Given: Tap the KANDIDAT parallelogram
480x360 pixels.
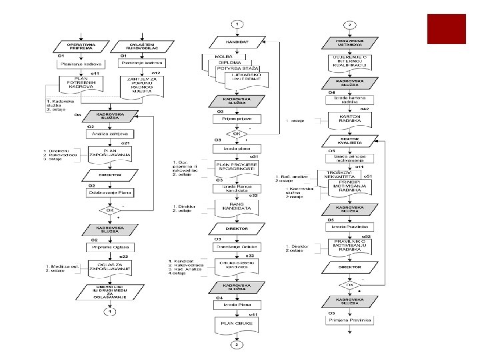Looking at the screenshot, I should click(x=237, y=41).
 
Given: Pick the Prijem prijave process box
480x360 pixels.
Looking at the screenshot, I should click(x=237, y=119).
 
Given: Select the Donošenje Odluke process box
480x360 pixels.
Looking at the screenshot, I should click(x=237, y=247).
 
